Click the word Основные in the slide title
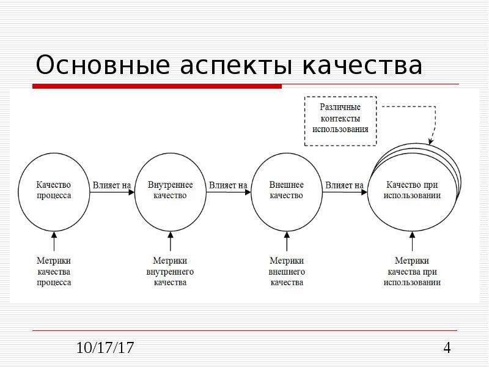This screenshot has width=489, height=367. click(103, 65)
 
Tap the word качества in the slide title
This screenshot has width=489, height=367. click(362, 65)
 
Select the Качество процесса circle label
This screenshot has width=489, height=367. click(54, 190)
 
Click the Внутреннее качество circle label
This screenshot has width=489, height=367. click(171, 190)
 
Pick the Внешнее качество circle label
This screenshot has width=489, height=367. click(286, 190)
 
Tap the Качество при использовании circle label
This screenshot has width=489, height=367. click(412, 190)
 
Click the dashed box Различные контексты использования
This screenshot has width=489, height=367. click(340, 121)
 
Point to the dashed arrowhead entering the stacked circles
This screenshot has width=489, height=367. click(431, 142)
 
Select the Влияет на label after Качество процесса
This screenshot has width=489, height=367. click(112, 185)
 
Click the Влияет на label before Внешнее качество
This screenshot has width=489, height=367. click(228, 185)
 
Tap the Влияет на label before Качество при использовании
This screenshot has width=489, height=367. click(344, 185)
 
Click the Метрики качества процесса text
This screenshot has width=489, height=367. click(54, 272)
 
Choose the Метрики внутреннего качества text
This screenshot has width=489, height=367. click(171, 272)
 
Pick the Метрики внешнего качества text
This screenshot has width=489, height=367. click(287, 272)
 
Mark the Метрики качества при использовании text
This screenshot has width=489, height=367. click(412, 272)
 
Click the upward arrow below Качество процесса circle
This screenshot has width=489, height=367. click(54, 241)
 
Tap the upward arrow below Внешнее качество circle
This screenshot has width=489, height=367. click(287, 241)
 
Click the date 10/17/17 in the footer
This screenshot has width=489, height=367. click(105, 347)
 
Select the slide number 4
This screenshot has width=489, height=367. click(447, 347)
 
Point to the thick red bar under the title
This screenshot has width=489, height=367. click(157, 86)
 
